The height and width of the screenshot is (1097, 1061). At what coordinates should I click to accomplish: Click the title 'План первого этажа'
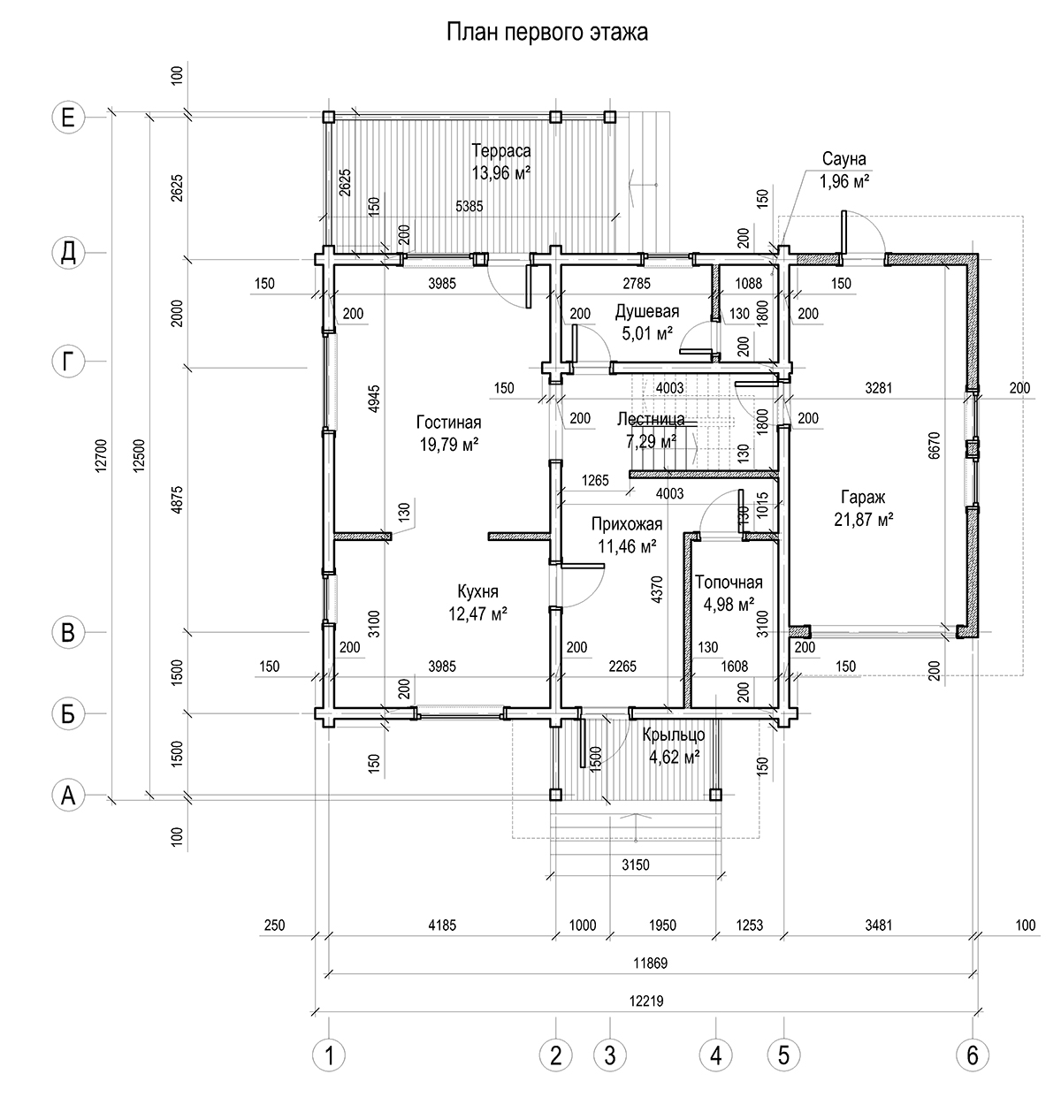tap(546, 33)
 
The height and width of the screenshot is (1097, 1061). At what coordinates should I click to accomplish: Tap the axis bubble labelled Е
tap(68, 118)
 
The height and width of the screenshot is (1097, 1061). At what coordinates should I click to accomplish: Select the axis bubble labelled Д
tap(68, 253)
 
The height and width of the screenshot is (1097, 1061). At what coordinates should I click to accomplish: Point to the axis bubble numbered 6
tap(973, 1055)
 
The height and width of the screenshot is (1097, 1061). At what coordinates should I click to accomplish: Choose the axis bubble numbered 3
tap(610, 1055)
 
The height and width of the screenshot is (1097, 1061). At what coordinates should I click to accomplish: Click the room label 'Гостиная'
tap(449, 423)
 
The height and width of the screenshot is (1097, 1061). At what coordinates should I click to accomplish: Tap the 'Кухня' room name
tap(477, 591)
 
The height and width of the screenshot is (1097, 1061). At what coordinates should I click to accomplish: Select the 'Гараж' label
tap(863, 497)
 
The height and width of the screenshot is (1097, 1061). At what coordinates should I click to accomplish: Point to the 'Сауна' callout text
tap(844, 159)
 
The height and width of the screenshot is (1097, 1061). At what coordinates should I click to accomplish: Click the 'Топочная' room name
tap(729, 583)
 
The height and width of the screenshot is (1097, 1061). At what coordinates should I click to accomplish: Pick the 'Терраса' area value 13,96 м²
tap(501, 173)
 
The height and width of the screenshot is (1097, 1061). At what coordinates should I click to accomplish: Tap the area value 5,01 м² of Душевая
tap(647, 334)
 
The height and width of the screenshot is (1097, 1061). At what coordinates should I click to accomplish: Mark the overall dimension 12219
tap(646, 1002)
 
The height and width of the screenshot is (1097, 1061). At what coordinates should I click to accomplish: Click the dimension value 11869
tap(650, 963)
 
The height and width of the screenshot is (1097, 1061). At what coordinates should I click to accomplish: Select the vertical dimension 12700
tap(101, 455)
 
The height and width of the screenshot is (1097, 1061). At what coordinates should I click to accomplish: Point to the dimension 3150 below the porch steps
tap(636, 865)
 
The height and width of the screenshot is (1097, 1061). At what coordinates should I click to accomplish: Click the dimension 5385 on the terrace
tap(469, 206)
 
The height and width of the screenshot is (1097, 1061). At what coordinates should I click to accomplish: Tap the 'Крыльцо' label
tap(674, 735)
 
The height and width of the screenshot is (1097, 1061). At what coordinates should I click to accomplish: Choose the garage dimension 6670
tap(934, 446)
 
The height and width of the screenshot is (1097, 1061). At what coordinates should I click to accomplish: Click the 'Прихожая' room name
tap(626, 524)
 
